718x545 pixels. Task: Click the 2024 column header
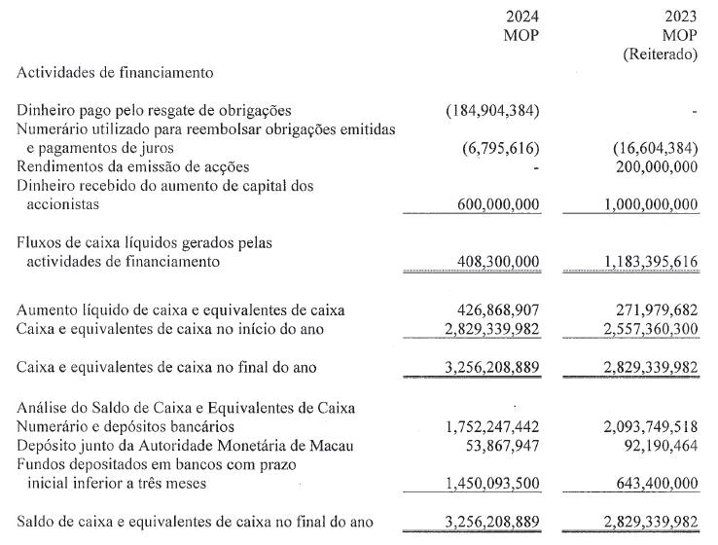tap(522, 17)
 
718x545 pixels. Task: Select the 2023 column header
tap(681, 17)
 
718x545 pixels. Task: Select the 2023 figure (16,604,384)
tap(656, 148)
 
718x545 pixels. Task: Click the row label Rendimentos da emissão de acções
tap(133, 166)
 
